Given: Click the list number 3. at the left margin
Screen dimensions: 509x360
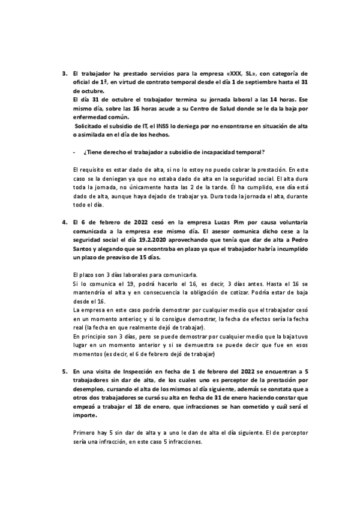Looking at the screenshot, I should pos(64,73).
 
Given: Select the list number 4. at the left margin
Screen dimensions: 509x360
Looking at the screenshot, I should pos(64,221).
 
